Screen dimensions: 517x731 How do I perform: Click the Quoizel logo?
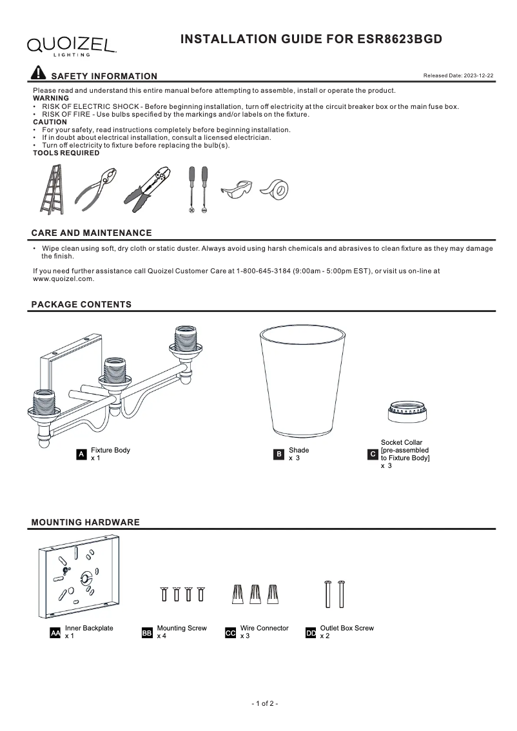point(71,45)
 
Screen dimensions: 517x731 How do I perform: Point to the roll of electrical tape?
point(275,189)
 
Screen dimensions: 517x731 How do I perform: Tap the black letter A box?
point(81,454)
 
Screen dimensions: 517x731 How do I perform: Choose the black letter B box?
point(279,454)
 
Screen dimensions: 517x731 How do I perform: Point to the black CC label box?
point(230,633)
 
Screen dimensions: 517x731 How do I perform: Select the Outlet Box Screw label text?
point(346,628)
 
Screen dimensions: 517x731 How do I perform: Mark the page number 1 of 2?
point(264,703)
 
